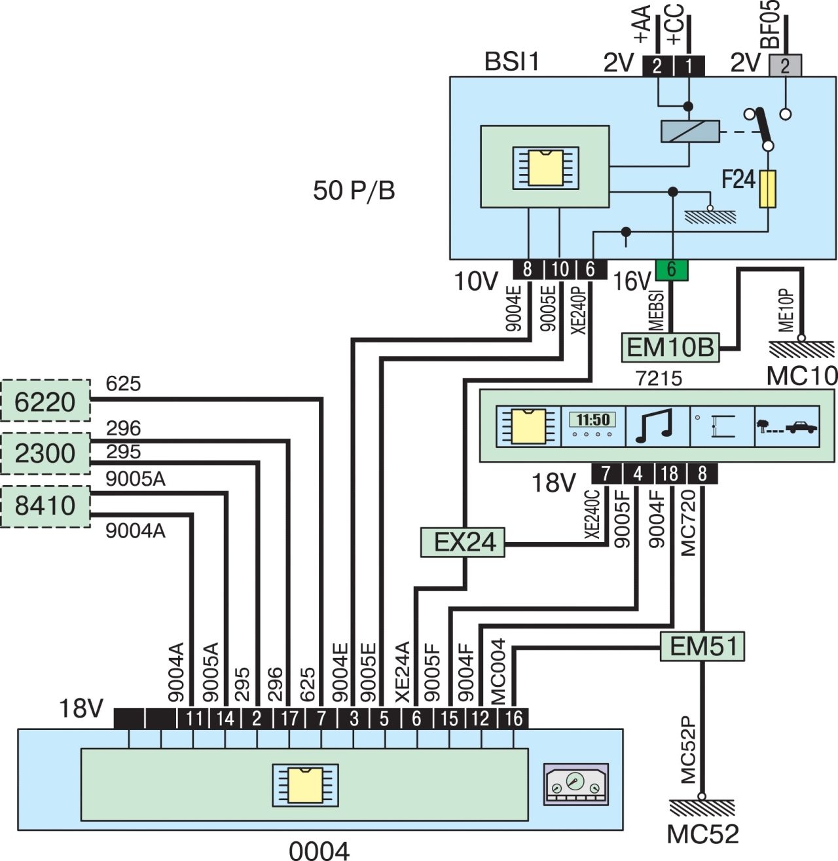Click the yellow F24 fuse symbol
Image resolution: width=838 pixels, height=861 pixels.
[767, 189]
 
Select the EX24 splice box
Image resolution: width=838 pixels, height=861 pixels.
[463, 542]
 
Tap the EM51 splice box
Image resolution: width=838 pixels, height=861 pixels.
[702, 646]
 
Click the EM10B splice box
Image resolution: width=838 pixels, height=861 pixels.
[669, 347]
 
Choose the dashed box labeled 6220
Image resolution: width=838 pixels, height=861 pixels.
[45, 401]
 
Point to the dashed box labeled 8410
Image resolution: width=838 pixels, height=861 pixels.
[45, 505]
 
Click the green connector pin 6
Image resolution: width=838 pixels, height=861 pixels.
[671, 269]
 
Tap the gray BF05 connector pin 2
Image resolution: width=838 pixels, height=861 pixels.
[785, 65]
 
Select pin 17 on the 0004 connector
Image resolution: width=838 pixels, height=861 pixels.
[289, 718]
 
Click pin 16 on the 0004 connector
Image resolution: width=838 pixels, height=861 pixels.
[514, 718]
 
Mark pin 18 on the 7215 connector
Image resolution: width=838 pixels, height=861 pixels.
[670, 473]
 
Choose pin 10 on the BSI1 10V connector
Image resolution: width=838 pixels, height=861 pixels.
[560, 269]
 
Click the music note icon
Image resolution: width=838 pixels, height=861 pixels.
[657, 426]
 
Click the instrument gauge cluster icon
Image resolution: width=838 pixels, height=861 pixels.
[576, 784]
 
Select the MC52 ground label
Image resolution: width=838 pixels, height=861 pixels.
[702, 834]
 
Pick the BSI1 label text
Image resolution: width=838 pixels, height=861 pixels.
[511, 62]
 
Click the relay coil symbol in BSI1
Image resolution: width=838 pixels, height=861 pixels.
[689, 132]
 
